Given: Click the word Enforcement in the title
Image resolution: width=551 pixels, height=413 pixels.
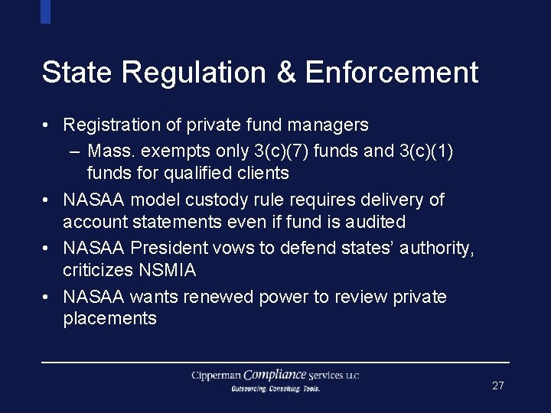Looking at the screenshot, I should (x=392, y=73).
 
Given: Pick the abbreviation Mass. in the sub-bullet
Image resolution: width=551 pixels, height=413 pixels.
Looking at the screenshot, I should (x=114, y=151).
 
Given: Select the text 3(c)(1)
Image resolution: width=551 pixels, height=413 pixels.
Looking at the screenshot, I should (x=426, y=151).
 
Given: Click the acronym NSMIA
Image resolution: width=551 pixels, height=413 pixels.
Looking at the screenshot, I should (x=169, y=270).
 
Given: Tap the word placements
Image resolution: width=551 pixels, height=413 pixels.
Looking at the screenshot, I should (x=109, y=318).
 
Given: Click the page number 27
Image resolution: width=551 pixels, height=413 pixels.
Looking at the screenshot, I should (x=497, y=385).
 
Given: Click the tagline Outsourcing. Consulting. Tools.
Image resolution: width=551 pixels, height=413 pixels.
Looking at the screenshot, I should (x=275, y=389).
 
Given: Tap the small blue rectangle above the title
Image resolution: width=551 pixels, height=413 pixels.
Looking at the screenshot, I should (x=45, y=11).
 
